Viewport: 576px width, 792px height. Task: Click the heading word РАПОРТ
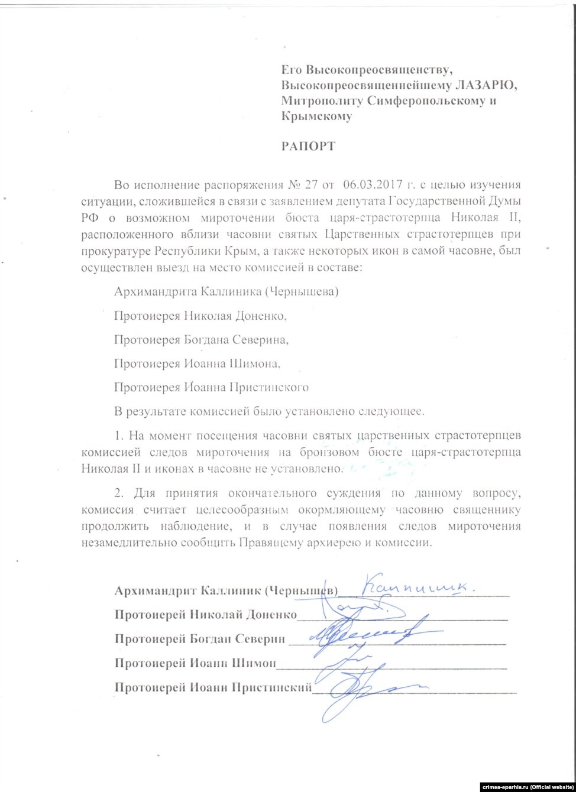click(x=308, y=145)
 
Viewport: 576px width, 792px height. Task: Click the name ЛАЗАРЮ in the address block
click(x=488, y=85)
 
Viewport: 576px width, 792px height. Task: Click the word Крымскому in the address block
click(x=316, y=116)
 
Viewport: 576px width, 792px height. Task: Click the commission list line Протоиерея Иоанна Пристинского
click(x=212, y=388)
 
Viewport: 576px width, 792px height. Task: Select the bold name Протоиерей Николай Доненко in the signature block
click(x=206, y=615)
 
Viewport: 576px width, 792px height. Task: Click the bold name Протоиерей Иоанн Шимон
click(x=195, y=663)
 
